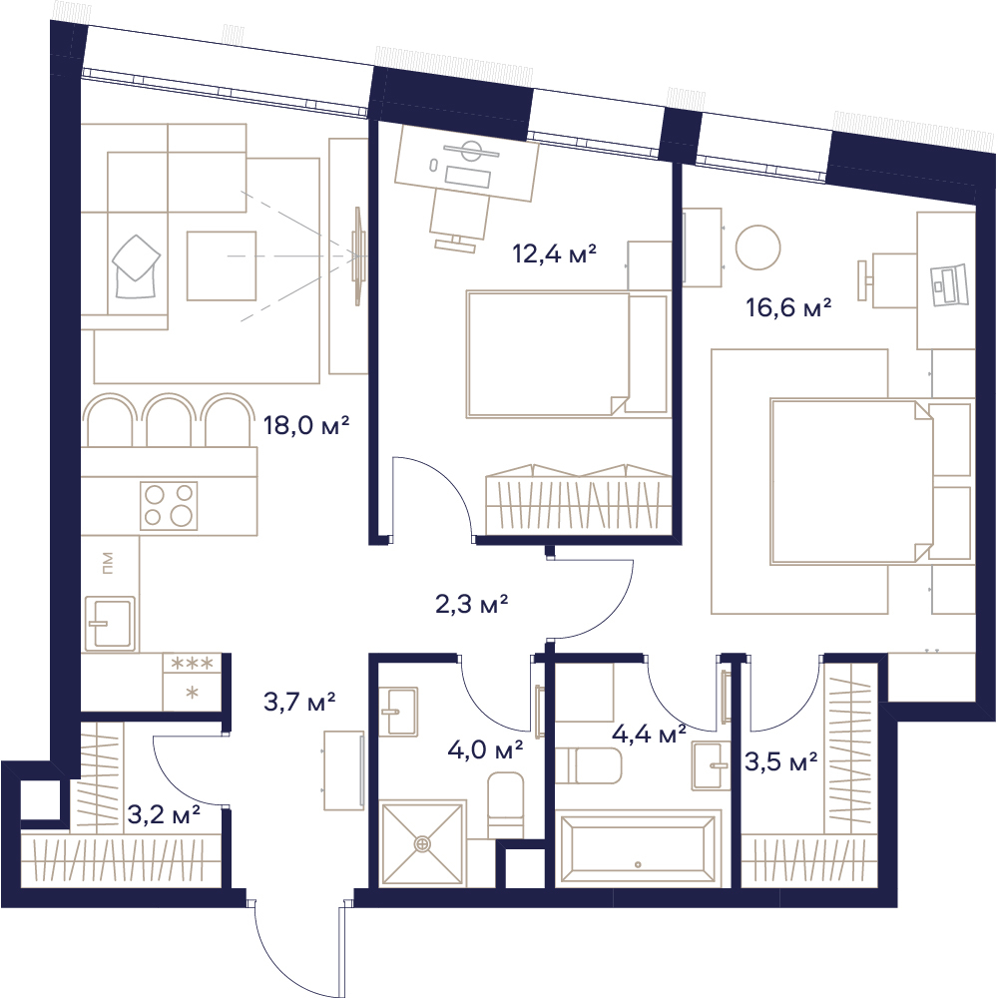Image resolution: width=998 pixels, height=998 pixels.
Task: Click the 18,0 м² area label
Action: pyautogui.click(x=306, y=425)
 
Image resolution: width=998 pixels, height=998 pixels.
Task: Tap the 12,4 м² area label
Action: pyautogui.click(x=554, y=253)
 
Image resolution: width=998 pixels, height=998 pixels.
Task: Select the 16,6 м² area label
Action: pyautogui.click(x=788, y=308)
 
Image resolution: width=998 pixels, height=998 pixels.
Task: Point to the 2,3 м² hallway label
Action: pyautogui.click(x=472, y=604)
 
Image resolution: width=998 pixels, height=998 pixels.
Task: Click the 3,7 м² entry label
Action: pyautogui.click(x=299, y=702)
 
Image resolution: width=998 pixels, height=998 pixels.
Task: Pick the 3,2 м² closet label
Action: pyautogui.click(x=165, y=813)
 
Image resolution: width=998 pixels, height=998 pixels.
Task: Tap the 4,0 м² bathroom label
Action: pyautogui.click(x=485, y=749)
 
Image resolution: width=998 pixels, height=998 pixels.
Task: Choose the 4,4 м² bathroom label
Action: pyautogui.click(x=649, y=734)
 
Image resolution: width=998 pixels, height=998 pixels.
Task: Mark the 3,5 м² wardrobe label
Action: pyautogui.click(x=781, y=761)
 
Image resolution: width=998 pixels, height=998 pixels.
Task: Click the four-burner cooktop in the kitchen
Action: pyautogui.click(x=169, y=506)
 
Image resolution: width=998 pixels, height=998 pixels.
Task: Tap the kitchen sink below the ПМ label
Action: pyautogui.click(x=110, y=623)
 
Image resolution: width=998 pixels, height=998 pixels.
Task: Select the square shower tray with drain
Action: pyautogui.click(x=421, y=844)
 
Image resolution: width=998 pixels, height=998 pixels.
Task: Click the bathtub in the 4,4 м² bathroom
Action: pyautogui.click(x=639, y=847)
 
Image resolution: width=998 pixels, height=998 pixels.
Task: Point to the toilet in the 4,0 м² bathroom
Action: pyautogui.click(x=505, y=805)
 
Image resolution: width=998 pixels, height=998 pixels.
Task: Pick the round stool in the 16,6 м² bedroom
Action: pyautogui.click(x=757, y=248)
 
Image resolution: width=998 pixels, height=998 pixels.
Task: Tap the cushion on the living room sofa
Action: pyautogui.click(x=136, y=266)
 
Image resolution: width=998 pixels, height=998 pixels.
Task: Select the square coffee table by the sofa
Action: pyautogui.click(x=222, y=265)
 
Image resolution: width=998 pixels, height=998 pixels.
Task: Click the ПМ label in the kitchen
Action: pyautogui.click(x=107, y=563)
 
